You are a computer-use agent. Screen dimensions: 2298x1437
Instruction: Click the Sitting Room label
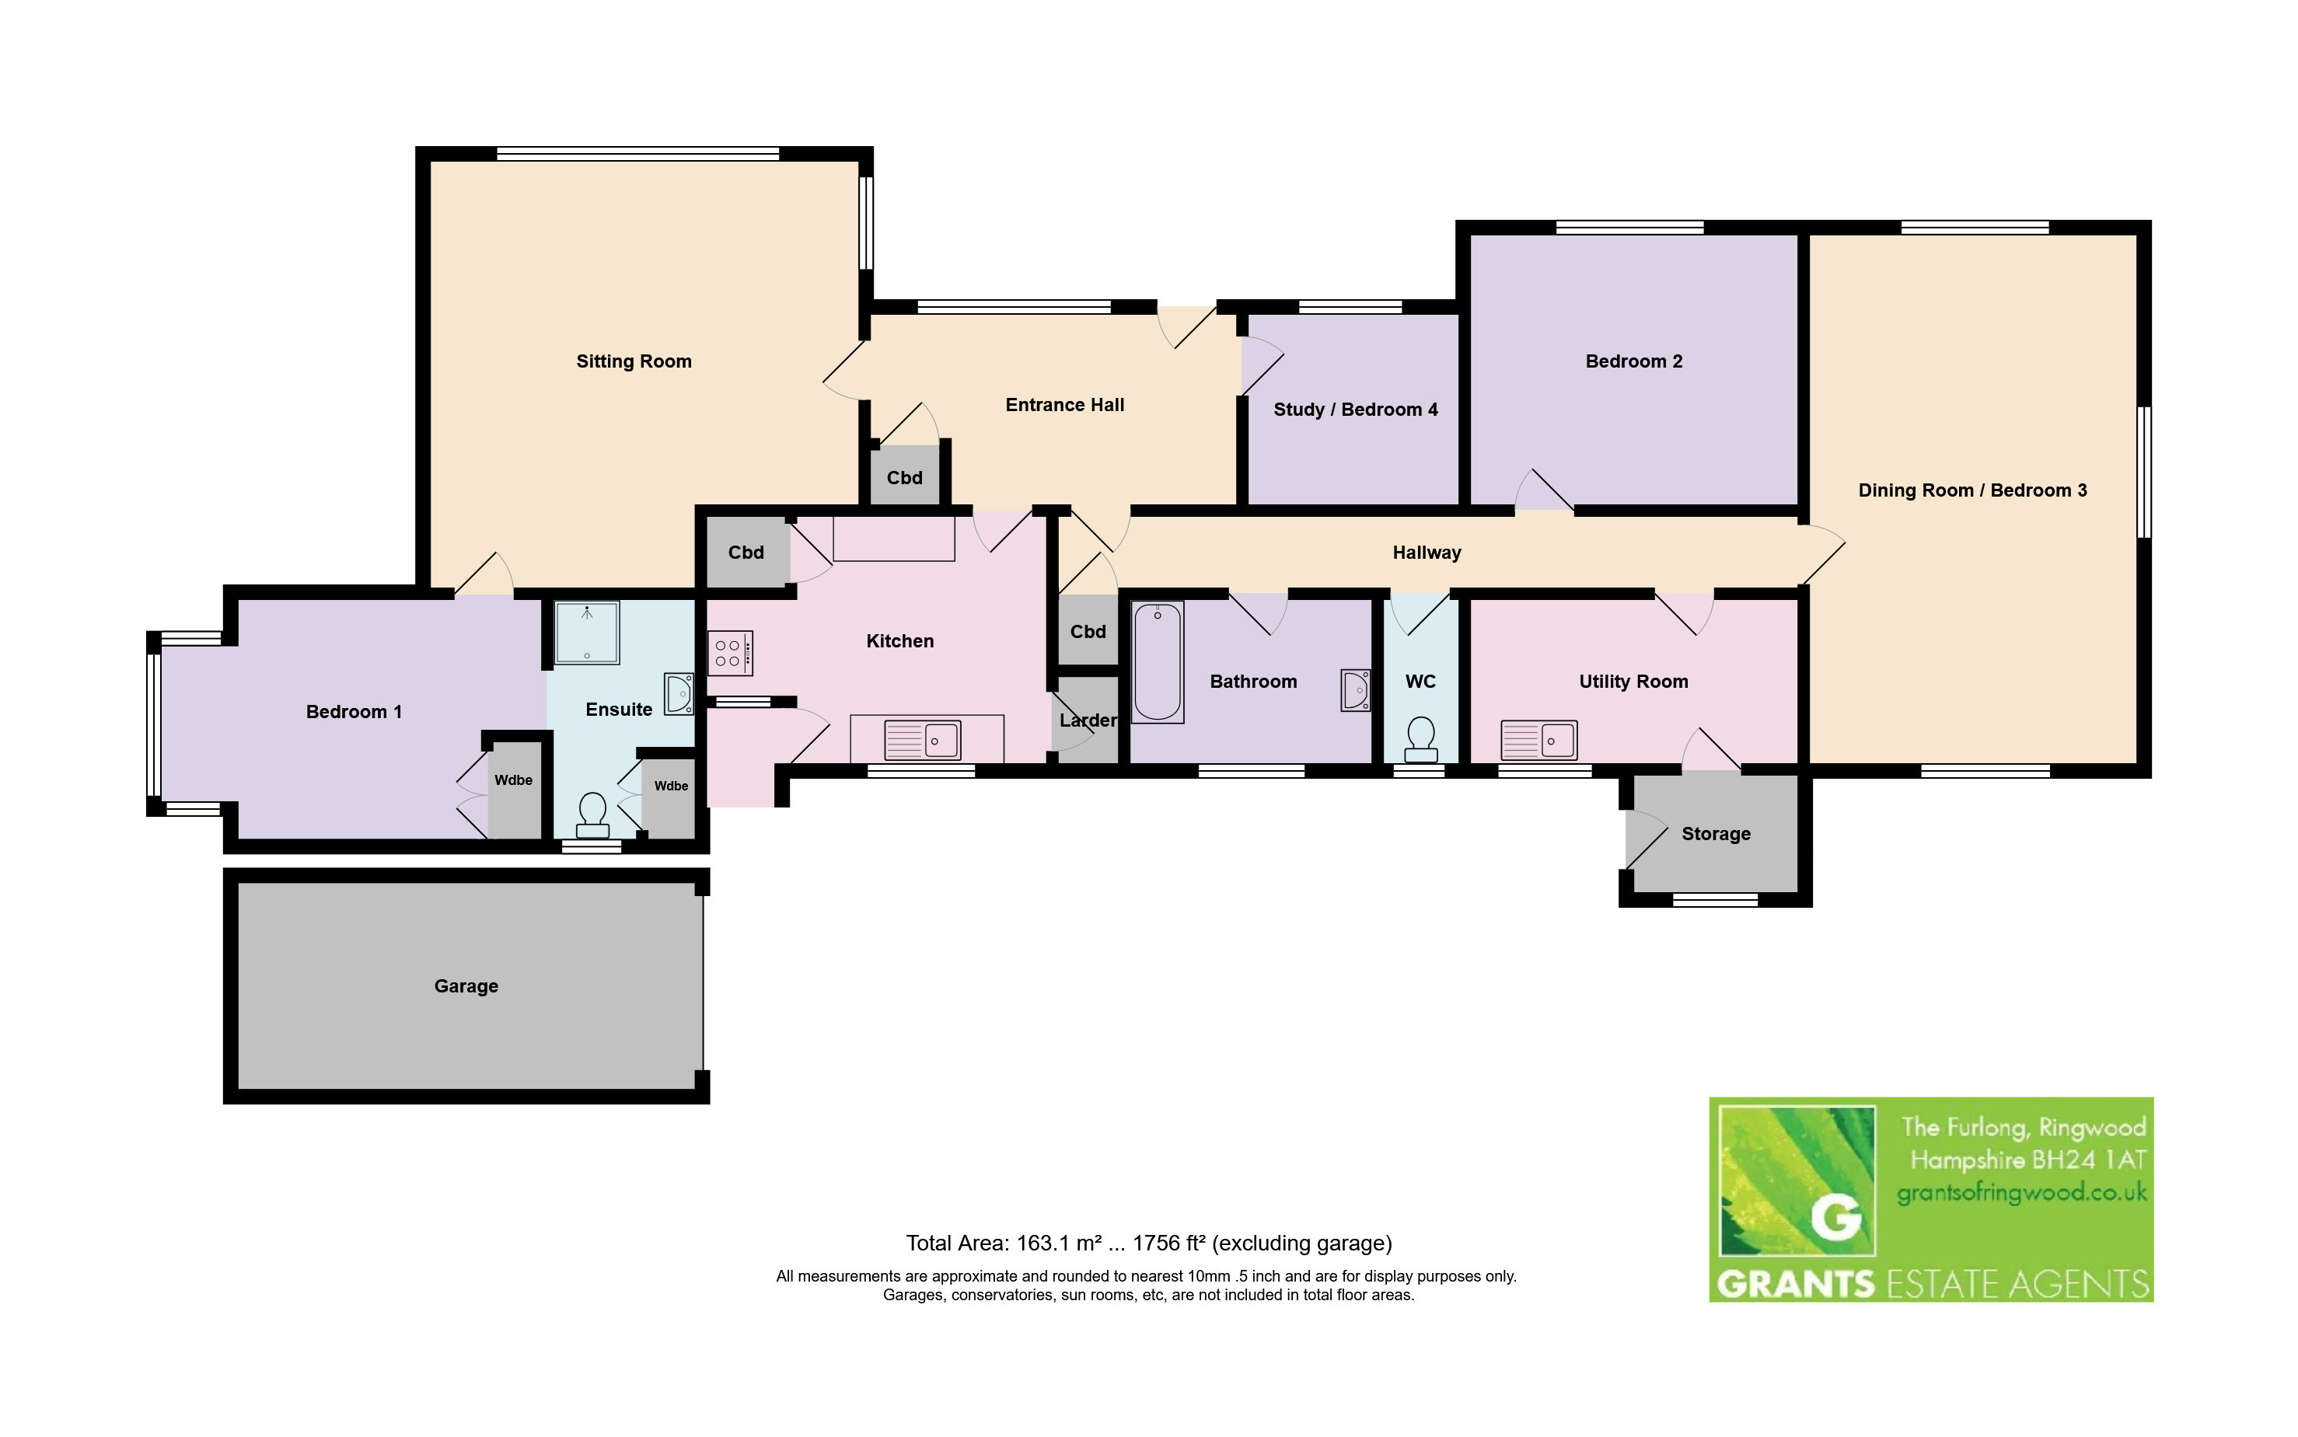tap(634, 361)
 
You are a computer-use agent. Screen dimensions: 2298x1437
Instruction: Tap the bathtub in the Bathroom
tap(1158, 662)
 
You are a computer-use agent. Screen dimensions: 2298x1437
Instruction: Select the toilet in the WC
tap(1421, 739)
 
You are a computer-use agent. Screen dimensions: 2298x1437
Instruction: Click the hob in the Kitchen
tap(730, 654)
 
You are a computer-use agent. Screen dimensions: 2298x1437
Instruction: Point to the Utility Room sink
tap(1538, 739)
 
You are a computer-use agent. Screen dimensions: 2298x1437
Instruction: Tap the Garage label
tap(466, 986)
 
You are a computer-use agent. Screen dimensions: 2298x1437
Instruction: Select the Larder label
tap(1088, 720)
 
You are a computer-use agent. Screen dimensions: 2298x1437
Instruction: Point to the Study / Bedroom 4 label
tap(1355, 410)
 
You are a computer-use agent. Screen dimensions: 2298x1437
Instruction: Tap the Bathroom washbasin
tap(1355, 690)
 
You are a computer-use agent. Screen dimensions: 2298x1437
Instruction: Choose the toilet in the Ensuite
tap(593, 816)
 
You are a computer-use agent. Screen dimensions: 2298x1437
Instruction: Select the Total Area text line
tap(1149, 1243)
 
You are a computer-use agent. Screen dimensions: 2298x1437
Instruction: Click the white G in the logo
tap(1835, 1216)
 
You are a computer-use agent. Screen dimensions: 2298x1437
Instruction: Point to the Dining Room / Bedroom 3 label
tap(1972, 490)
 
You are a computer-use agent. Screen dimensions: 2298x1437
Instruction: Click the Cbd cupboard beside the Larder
tap(1088, 632)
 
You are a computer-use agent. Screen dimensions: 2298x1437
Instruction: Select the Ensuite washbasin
tap(679, 694)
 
